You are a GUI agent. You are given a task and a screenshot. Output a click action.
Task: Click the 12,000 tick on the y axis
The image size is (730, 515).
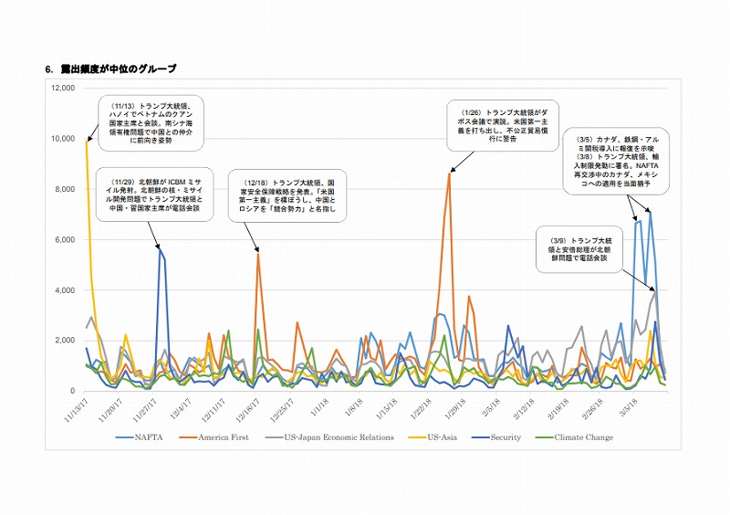point(62,89)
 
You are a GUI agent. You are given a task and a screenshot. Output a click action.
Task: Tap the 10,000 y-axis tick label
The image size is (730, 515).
point(62,139)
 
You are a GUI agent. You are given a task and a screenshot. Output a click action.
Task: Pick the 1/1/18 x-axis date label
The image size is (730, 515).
point(318,406)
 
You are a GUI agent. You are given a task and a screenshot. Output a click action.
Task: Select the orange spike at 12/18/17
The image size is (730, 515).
point(258,256)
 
